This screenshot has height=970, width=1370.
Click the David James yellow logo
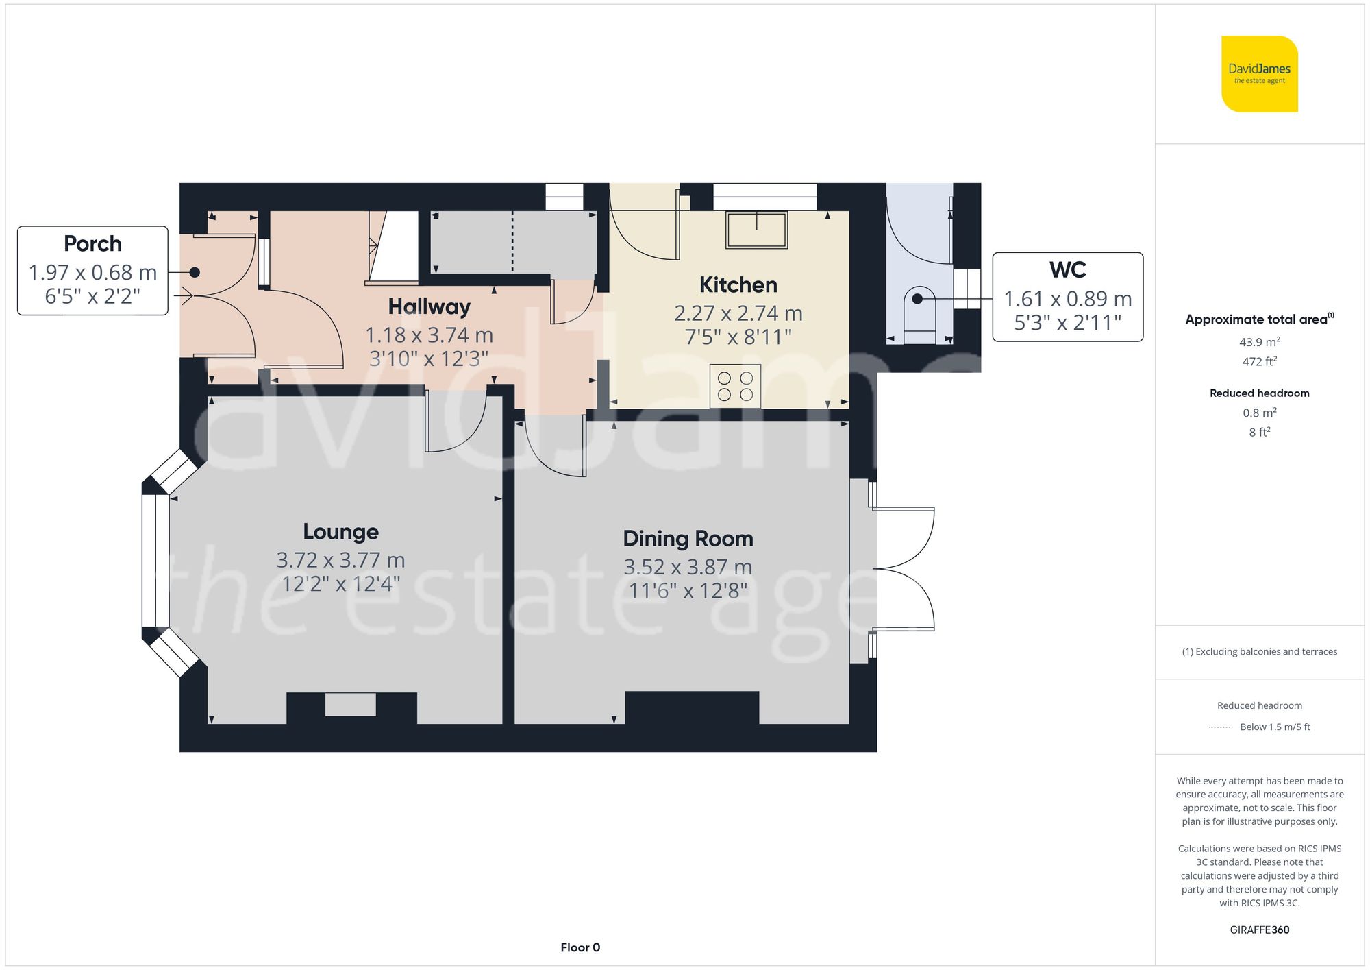click(x=1259, y=74)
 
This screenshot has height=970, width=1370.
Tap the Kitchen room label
click(x=738, y=284)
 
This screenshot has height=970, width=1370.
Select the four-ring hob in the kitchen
click(x=735, y=387)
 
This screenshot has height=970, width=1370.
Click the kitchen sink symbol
click(x=756, y=230)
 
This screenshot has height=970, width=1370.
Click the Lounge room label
click(x=340, y=531)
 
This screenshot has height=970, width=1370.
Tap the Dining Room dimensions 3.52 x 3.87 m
click(x=688, y=567)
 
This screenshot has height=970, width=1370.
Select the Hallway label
click(x=429, y=306)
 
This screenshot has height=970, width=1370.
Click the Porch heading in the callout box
click(x=92, y=243)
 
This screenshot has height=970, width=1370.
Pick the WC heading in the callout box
click(x=1067, y=269)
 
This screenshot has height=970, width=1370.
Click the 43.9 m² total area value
click(x=1259, y=341)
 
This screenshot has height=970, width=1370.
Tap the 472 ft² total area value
click(x=1259, y=361)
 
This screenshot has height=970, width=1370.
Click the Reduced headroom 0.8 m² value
click(x=1259, y=413)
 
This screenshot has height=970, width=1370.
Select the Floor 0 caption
click(x=580, y=947)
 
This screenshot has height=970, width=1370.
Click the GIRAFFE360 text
click(x=1259, y=930)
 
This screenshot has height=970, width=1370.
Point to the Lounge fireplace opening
click(x=350, y=705)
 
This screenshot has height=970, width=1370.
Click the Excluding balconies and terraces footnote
click(x=1259, y=651)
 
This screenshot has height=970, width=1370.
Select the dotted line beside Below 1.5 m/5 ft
click(x=1221, y=727)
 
